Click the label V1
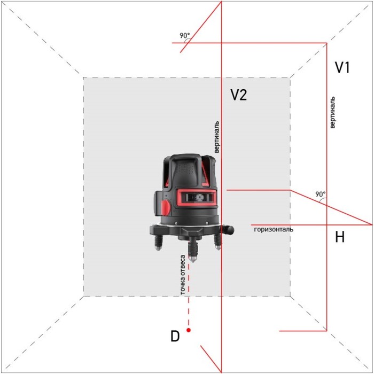coord(342,68)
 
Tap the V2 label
coord(238,95)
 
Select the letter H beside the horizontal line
coord(340,238)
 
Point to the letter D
coord(174,337)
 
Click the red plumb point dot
coord(189,330)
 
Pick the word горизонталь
coord(274,229)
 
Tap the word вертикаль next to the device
coord(216,137)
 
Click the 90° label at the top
coord(185,36)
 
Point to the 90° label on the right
coord(320,194)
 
